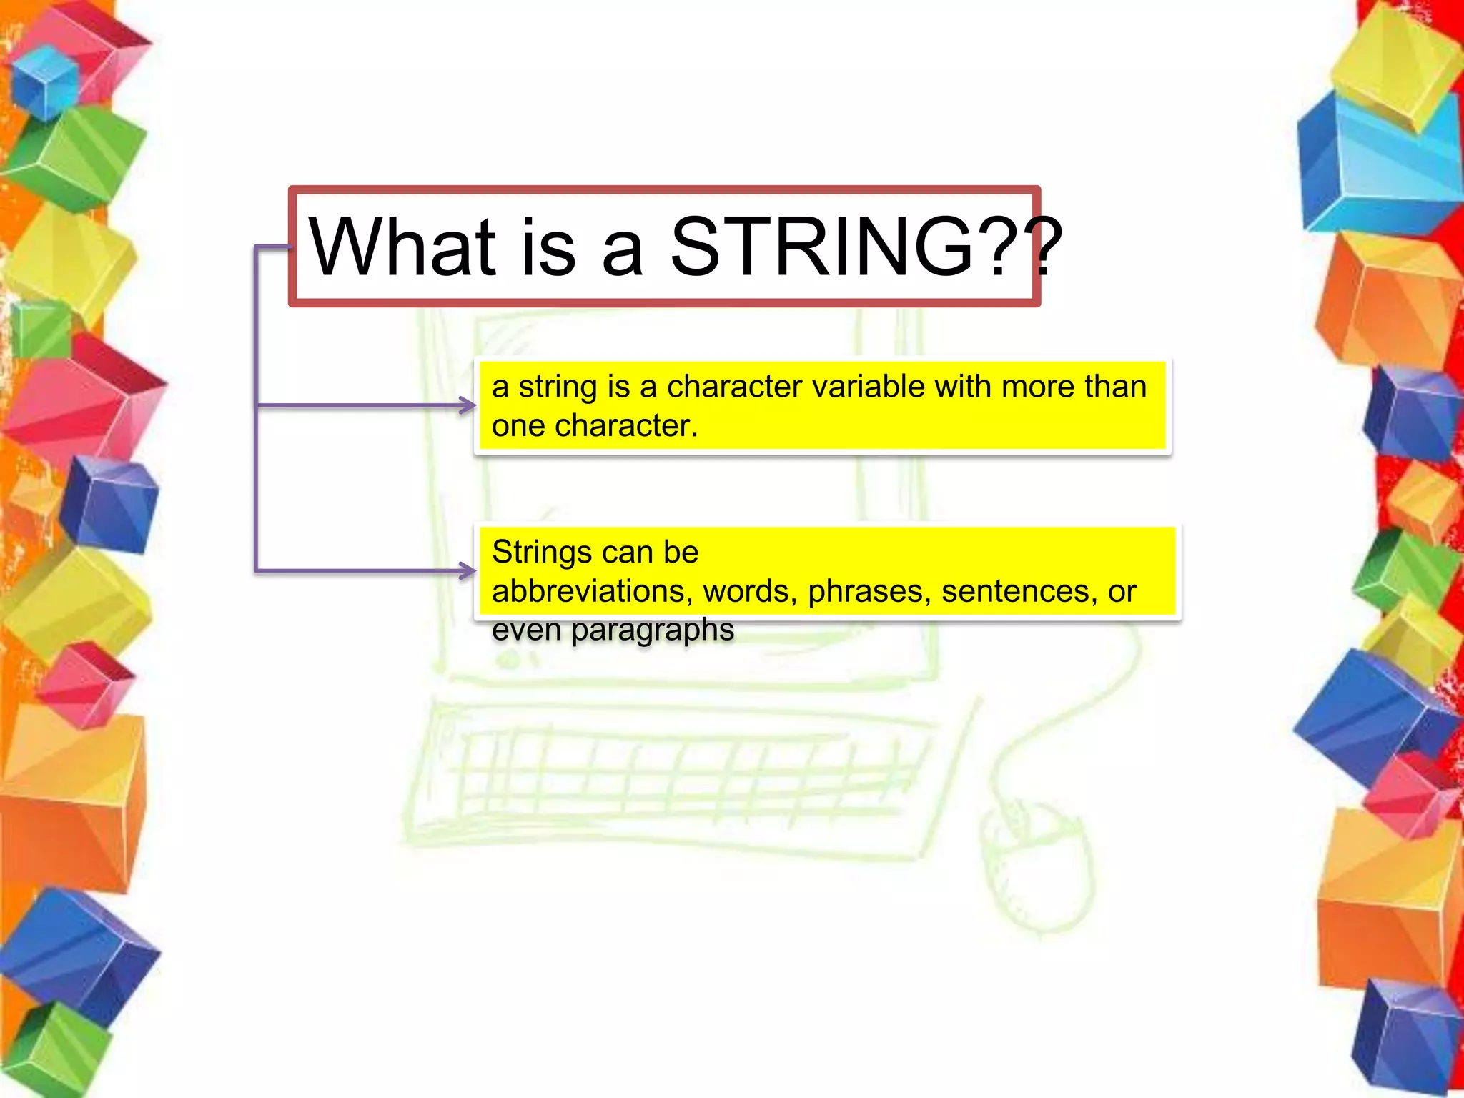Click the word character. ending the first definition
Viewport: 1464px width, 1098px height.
(x=626, y=426)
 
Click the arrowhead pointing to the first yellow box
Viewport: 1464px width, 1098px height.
(x=468, y=405)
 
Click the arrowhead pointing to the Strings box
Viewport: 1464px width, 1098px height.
(x=468, y=570)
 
